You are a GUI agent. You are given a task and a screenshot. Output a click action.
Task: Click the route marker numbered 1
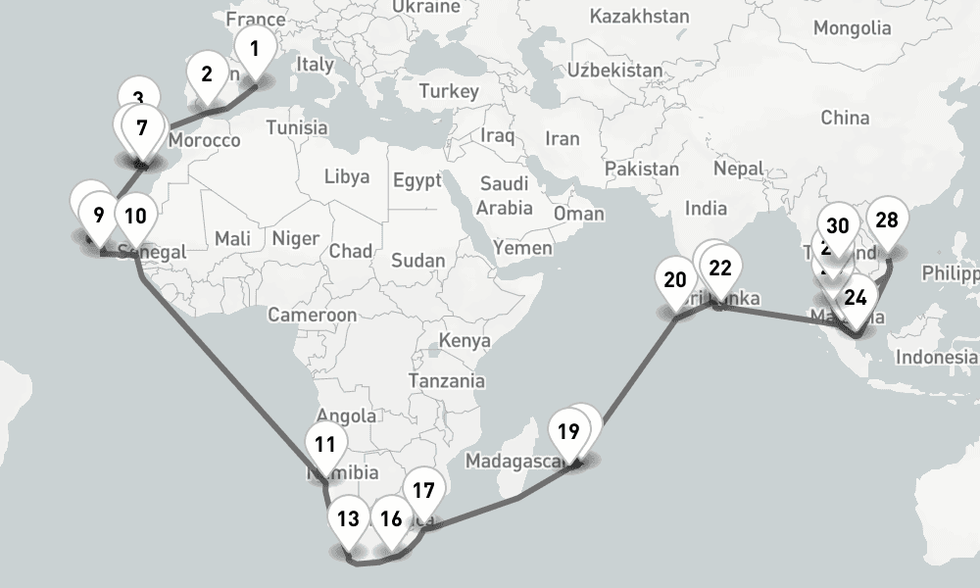point(255,48)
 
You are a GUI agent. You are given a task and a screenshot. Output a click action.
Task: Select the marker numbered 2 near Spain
point(207,74)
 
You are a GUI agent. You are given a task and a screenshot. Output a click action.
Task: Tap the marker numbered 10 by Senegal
point(135,216)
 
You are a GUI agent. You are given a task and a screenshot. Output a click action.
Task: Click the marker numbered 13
point(348,519)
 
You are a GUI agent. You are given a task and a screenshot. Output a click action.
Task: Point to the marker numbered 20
point(674,280)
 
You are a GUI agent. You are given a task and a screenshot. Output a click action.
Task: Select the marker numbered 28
point(886,220)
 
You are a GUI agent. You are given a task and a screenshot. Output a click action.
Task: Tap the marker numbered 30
point(838,224)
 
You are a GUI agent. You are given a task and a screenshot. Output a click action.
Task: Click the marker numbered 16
point(391,519)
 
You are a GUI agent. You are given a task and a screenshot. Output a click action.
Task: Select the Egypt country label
point(418,180)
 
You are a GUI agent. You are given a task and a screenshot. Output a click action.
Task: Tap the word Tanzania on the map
point(447,380)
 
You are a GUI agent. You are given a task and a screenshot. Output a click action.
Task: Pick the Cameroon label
point(313,316)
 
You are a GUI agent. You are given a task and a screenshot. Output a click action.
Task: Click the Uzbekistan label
point(613,71)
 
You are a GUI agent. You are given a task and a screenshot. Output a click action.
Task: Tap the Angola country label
point(346,416)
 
